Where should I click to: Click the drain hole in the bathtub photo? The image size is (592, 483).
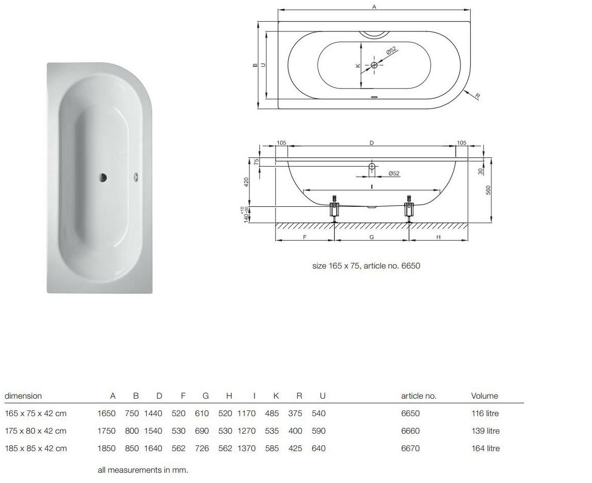click(103, 177)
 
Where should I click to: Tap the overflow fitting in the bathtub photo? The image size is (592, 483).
click(136, 177)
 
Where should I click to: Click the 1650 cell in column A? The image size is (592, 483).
click(106, 414)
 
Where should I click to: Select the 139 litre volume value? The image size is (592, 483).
click(486, 431)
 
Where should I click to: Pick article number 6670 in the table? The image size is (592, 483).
click(410, 448)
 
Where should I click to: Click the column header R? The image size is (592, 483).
click(299, 396)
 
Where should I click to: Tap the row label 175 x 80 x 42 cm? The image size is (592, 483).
click(36, 431)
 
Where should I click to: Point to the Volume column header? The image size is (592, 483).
click(485, 396)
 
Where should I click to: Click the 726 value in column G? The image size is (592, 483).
click(202, 448)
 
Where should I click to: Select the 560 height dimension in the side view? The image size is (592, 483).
click(488, 190)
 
